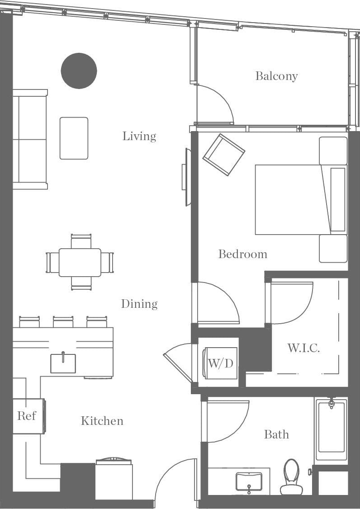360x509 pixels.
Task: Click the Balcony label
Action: (276, 76)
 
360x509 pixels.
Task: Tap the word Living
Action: (139, 136)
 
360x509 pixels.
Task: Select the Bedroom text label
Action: (242, 254)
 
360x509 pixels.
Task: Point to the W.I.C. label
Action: (303, 348)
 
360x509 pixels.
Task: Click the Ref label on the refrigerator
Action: (26, 416)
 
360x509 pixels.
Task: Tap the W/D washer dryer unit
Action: (220, 363)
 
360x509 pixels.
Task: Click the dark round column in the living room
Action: (79, 71)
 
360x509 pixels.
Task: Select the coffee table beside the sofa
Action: (74, 138)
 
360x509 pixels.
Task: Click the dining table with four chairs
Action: (80, 262)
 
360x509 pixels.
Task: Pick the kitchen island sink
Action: (63, 363)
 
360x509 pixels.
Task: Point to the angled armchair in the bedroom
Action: (223, 155)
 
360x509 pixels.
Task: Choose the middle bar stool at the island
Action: (63, 322)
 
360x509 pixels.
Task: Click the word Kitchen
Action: (102, 421)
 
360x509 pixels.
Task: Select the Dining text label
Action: (139, 304)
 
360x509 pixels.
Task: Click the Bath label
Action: (276, 434)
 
